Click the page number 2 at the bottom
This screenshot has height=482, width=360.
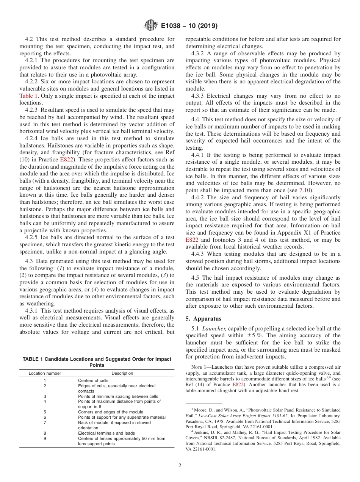point(180,465)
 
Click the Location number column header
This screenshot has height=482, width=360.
point(45,373)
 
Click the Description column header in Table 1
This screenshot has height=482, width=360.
point(122,373)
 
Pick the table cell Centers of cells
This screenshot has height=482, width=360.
point(93,380)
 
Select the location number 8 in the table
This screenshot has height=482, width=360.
point(45,433)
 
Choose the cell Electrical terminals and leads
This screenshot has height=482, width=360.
point(106,433)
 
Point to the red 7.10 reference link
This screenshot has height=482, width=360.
point(306,190)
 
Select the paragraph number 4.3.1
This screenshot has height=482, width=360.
point(33,311)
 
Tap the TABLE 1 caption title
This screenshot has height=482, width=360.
point(97,362)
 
